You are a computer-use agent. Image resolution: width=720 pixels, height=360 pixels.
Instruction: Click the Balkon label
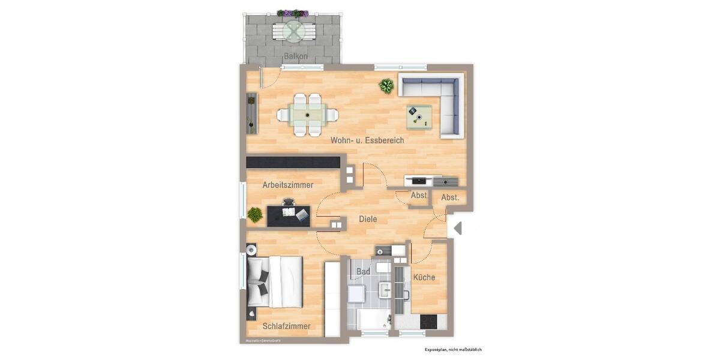point(296,56)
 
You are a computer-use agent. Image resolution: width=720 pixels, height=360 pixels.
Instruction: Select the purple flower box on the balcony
point(293,13)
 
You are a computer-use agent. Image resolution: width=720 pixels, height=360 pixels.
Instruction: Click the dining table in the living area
point(307,114)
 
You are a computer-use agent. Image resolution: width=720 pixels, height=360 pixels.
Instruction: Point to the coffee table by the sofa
point(419,116)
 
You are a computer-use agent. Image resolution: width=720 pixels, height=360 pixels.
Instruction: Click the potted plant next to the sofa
point(387,86)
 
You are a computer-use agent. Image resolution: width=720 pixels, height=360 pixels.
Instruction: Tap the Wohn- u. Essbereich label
point(367,140)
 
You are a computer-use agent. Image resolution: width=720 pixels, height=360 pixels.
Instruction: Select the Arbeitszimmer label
point(288,185)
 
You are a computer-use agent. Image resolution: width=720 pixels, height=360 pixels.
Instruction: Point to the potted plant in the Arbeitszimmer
point(255,214)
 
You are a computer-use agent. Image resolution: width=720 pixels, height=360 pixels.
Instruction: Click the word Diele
point(368,220)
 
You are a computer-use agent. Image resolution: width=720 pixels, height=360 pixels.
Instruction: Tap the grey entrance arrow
point(457,229)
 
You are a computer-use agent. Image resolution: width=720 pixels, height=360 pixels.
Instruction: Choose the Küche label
point(424,278)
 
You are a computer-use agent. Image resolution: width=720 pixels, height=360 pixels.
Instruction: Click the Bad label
point(363,272)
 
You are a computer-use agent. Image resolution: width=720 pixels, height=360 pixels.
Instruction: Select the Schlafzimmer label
point(286,326)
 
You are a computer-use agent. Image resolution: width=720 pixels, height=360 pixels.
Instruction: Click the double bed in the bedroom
point(275,281)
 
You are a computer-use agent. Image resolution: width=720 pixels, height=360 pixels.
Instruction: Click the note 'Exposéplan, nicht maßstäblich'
point(453,349)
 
